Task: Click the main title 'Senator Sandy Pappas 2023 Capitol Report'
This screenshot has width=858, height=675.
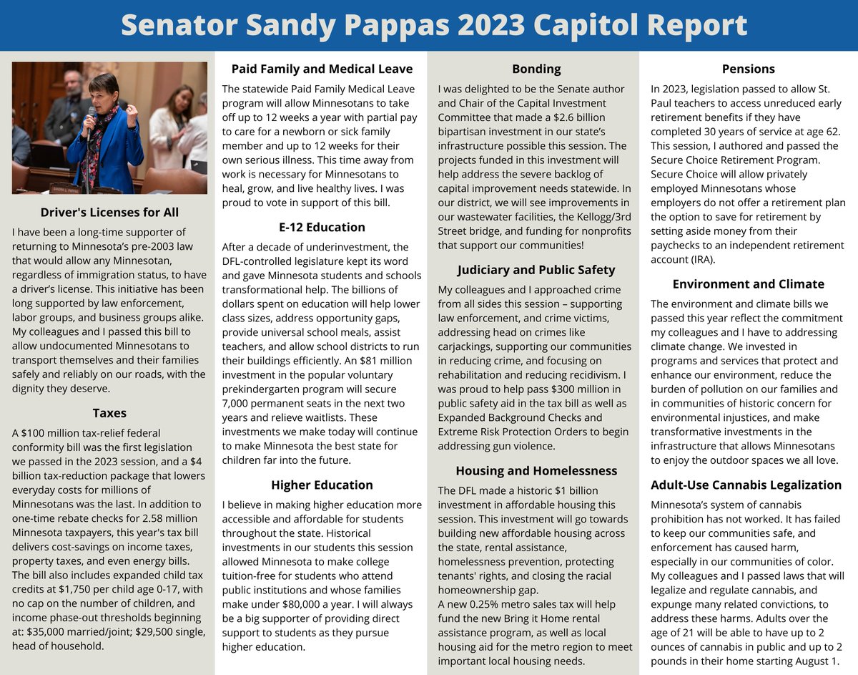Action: tap(433, 25)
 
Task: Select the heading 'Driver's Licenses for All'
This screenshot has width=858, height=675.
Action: tap(109, 213)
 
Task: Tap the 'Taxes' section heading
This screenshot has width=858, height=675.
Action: tap(109, 413)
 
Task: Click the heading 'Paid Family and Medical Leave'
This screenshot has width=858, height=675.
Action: tap(322, 69)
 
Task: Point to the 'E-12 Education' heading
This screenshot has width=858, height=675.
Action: tap(322, 227)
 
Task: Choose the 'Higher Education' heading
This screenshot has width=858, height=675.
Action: tap(322, 485)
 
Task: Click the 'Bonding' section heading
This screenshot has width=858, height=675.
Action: tap(536, 69)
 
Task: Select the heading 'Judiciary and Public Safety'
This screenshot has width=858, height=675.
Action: tap(536, 270)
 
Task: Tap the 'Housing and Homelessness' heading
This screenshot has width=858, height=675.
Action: tap(536, 471)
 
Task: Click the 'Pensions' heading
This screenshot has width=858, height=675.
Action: tap(749, 69)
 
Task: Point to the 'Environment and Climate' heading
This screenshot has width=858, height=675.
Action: tap(749, 284)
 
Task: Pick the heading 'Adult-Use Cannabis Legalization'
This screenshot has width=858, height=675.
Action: tap(746, 485)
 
